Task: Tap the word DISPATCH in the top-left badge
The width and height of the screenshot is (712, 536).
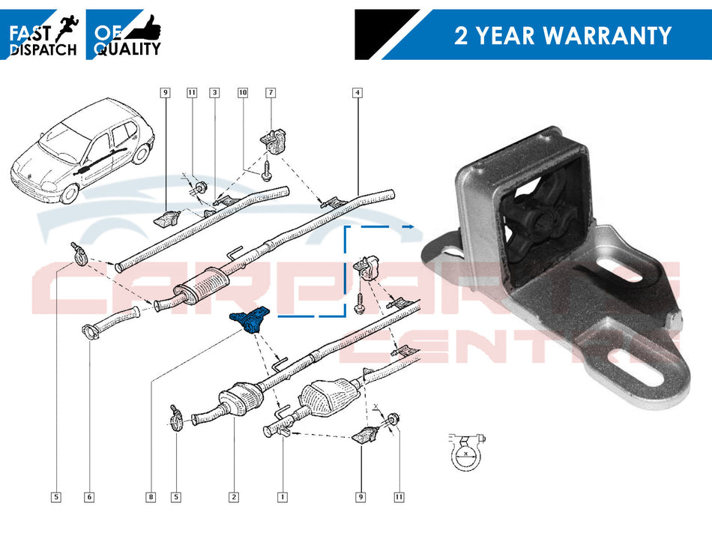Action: pos(42,49)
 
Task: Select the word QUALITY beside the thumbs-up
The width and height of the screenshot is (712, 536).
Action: pos(127,49)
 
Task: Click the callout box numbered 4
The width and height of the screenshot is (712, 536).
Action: pos(357,93)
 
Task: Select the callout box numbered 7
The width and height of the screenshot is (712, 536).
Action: pos(271,93)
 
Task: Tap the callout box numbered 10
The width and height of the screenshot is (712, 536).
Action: pos(242,93)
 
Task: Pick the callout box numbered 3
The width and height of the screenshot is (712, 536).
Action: pos(214,93)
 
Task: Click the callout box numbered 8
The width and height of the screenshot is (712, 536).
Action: pos(151,496)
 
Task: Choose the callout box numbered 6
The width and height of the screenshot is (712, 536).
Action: pos(89,496)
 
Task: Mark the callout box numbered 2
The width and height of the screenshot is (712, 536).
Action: pos(234,496)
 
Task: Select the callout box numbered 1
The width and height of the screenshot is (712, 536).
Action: pos(282,496)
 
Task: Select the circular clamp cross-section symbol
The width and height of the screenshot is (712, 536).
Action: pos(465,452)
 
